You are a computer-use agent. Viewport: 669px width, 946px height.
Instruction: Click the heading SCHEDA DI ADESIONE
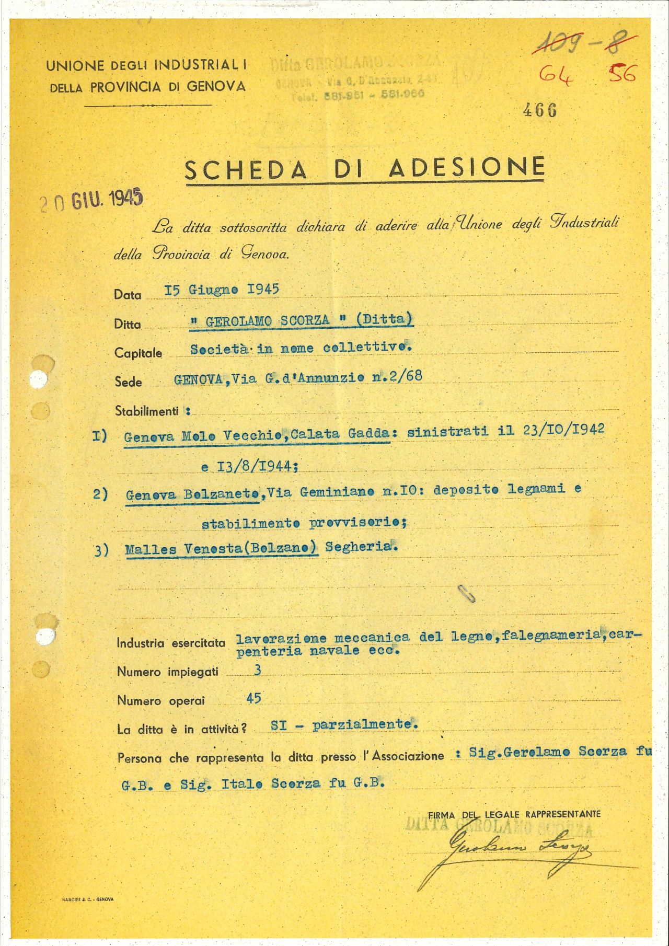tap(365, 168)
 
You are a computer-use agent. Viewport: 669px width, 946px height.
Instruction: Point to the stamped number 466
tap(540, 110)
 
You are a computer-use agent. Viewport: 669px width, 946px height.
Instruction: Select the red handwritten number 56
tap(622, 74)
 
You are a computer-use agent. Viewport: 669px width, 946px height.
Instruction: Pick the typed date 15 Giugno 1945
tap(221, 289)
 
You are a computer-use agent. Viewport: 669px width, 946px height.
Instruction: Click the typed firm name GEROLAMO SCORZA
tap(268, 320)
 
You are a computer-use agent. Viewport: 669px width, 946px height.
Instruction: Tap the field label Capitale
tap(138, 353)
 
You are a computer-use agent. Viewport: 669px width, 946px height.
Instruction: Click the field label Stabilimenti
tap(147, 411)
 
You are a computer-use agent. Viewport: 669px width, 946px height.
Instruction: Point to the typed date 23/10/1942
tap(563, 430)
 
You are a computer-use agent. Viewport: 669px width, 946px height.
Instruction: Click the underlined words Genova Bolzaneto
tap(192, 494)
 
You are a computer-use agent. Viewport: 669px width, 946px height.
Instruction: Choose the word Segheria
tap(358, 547)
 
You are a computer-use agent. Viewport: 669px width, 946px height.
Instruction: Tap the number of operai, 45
tap(253, 698)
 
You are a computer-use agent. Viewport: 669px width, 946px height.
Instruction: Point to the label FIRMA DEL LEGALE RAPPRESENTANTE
tap(514, 814)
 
